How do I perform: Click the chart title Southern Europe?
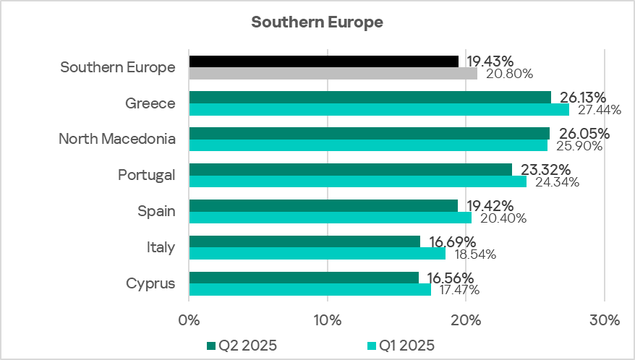click(317, 22)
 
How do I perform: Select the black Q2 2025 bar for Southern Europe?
click(323, 61)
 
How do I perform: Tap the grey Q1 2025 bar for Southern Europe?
click(333, 73)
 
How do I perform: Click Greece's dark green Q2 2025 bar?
click(370, 97)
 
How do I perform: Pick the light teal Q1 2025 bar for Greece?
click(378, 109)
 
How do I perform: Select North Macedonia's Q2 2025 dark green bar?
click(369, 133)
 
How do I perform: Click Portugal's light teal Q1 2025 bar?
click(357, 181)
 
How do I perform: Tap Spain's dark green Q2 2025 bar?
click(323, 205)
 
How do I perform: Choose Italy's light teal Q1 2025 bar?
click(317, 254)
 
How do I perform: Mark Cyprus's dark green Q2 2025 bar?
click(303, 278)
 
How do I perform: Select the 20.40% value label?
click(500, 218)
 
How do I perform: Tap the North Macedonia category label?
click(117, 139)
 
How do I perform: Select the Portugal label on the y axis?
click(147, 175)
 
